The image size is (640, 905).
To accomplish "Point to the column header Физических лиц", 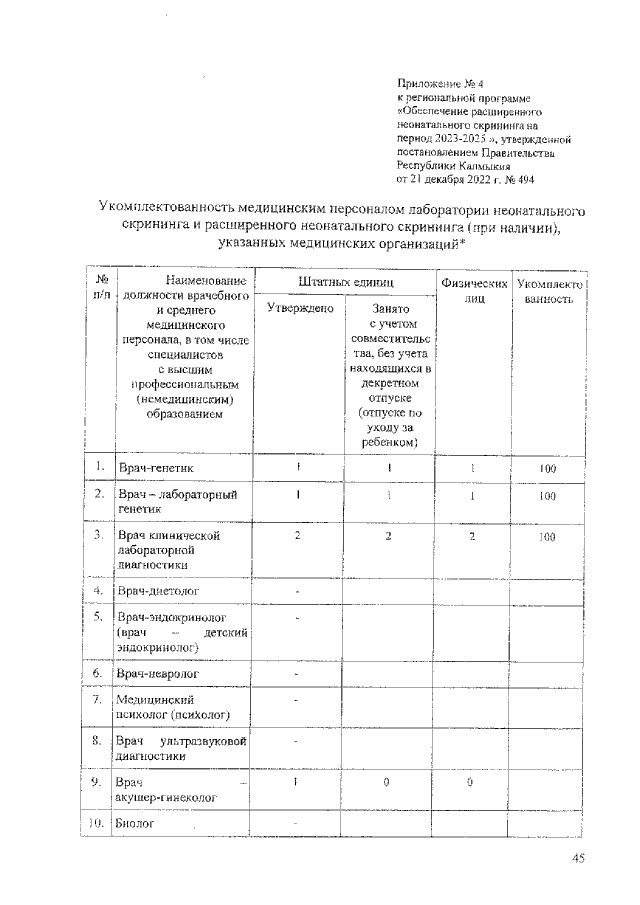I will coord(475,291).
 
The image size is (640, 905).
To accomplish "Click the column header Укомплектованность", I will coord(548,291).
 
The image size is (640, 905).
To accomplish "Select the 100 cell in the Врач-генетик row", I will coord(546,468).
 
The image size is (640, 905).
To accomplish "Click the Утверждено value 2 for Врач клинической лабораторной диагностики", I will coord(298,536).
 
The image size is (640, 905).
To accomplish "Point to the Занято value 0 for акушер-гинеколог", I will coord(386,782).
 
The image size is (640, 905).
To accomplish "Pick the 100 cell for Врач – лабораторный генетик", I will coord(546,495).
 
